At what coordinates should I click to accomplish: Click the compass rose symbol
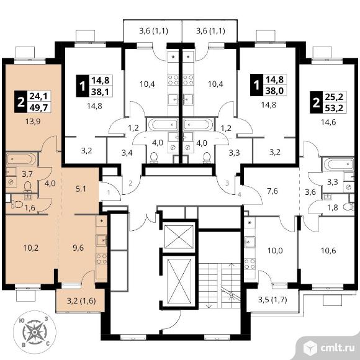coord(34,332)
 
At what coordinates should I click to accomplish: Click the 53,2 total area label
coord(334,107)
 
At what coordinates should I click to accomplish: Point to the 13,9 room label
coord(33,121)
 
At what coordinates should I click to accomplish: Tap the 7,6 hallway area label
coord(272,191)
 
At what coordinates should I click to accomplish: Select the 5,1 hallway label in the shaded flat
coord(81,189)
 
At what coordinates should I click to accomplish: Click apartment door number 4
coord(240,195)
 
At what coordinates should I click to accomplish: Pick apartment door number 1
coord(109,192)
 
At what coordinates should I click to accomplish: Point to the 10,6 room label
coord(328,250)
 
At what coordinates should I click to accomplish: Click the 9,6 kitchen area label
coord(78,248)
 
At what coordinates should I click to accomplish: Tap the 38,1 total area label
coord(100,92)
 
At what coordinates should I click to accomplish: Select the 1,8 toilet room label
coord(333,207)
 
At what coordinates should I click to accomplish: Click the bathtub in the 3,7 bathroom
coord(21,160)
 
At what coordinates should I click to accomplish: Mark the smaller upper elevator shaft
coord(179,236)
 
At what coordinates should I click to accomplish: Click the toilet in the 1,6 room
coord(17,204)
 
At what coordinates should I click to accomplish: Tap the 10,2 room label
coord(31,248)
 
